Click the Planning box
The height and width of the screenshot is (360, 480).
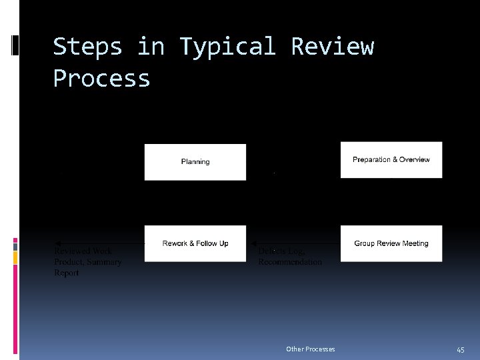(x=195, y=162)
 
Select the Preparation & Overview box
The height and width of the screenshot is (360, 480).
(x=391, y=160)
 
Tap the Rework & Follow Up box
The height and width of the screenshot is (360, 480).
(x=195, y=243)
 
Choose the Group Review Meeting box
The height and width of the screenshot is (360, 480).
(x=391, y=243)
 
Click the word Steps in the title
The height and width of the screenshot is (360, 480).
(x=87, y=47)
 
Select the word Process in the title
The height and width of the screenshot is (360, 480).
(x=101, y=79)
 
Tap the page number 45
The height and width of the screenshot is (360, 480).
(x=460, y=349)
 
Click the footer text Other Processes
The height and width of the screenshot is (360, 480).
(x=310, y=349)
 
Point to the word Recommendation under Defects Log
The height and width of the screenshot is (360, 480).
(x=290, y=262)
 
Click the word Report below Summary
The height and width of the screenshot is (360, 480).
(x=67, y=273)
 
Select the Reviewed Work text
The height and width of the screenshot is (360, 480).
(x=83, y=251)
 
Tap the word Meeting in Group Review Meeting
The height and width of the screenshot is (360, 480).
(x=415, y=243)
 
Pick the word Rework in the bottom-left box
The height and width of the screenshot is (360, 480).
(x=175, y=243)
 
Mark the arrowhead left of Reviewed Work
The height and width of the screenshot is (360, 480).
(x=57, y=243)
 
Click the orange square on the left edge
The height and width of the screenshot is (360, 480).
(x=15, y=255)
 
